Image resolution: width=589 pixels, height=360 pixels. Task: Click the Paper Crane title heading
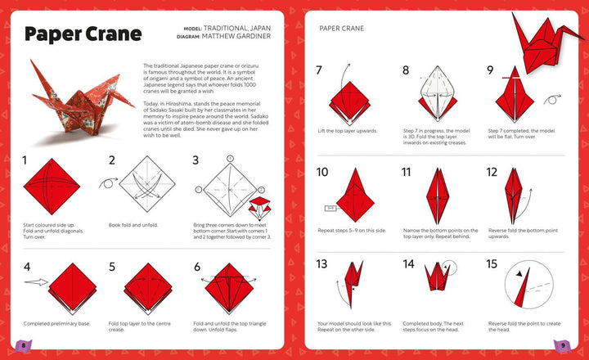click(82, 34)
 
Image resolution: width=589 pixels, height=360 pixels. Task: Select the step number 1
click(25, 160)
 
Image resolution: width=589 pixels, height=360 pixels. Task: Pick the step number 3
click(196, 160)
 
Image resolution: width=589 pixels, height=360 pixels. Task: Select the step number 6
click(197, 267)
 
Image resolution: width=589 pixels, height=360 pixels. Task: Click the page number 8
click(24, 346)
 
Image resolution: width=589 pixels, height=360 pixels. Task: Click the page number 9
click(564, 346)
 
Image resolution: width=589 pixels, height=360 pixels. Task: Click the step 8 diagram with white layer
click(441, 97)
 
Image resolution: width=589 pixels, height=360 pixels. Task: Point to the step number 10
click(322, 172)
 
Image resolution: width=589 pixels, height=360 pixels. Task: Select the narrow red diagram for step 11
click(441, 196)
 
